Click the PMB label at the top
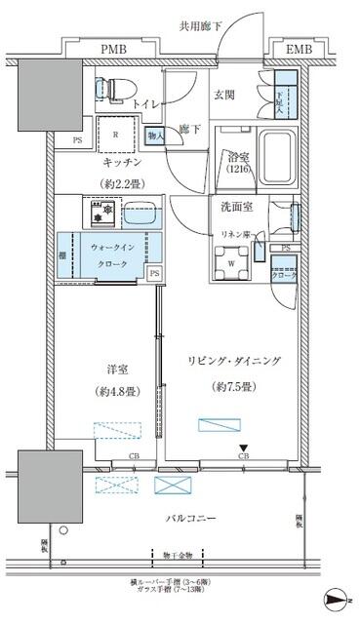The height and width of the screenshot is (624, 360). pyautogui.click(x=115, y=47)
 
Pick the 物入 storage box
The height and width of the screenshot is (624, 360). pyautogui.click(x=155, y=136)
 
